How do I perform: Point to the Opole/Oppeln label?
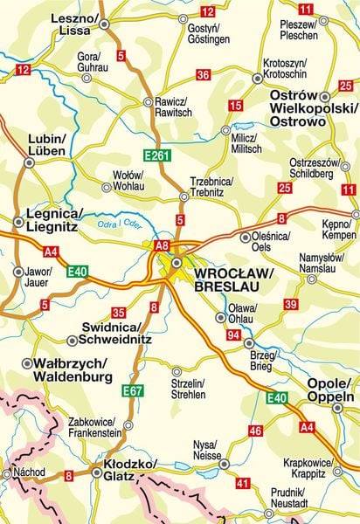pos(330,390)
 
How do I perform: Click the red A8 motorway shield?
pos(161,246)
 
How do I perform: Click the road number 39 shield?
pos(291,303)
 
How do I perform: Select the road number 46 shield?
pos(255,431)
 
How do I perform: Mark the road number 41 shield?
pos(243,482)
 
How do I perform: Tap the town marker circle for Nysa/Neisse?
pos(225,465)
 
